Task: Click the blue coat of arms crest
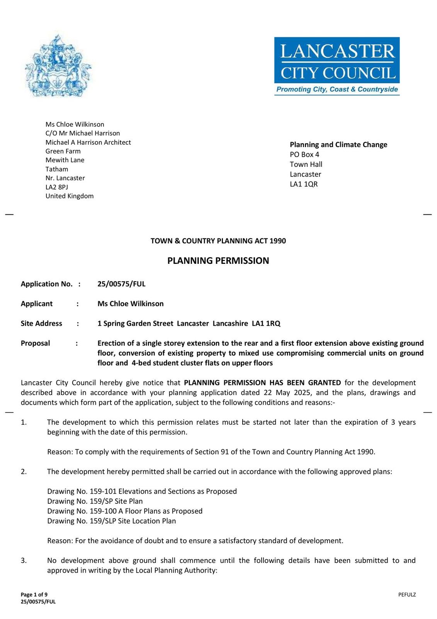click(58, 67)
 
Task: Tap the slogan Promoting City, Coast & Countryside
click(337, 89)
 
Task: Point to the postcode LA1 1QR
click(304, 184)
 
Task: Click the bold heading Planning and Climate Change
click(338, 145)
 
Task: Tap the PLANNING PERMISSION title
click(218, 261)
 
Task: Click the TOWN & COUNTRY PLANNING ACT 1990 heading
click(218, 241)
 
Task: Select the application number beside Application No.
click(121, 284)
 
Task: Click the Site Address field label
click(41, 323)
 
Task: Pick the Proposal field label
click(35, 343)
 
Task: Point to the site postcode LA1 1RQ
click(266, 323)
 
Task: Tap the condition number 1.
click(24, 422)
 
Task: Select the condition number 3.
click(24, 561)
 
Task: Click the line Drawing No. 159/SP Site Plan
click(95, 501)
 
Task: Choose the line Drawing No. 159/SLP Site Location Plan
click(111, 521)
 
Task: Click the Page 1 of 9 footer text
click(34, 595)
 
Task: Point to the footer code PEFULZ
click(407, 595)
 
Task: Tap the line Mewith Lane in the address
click(65, 160)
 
